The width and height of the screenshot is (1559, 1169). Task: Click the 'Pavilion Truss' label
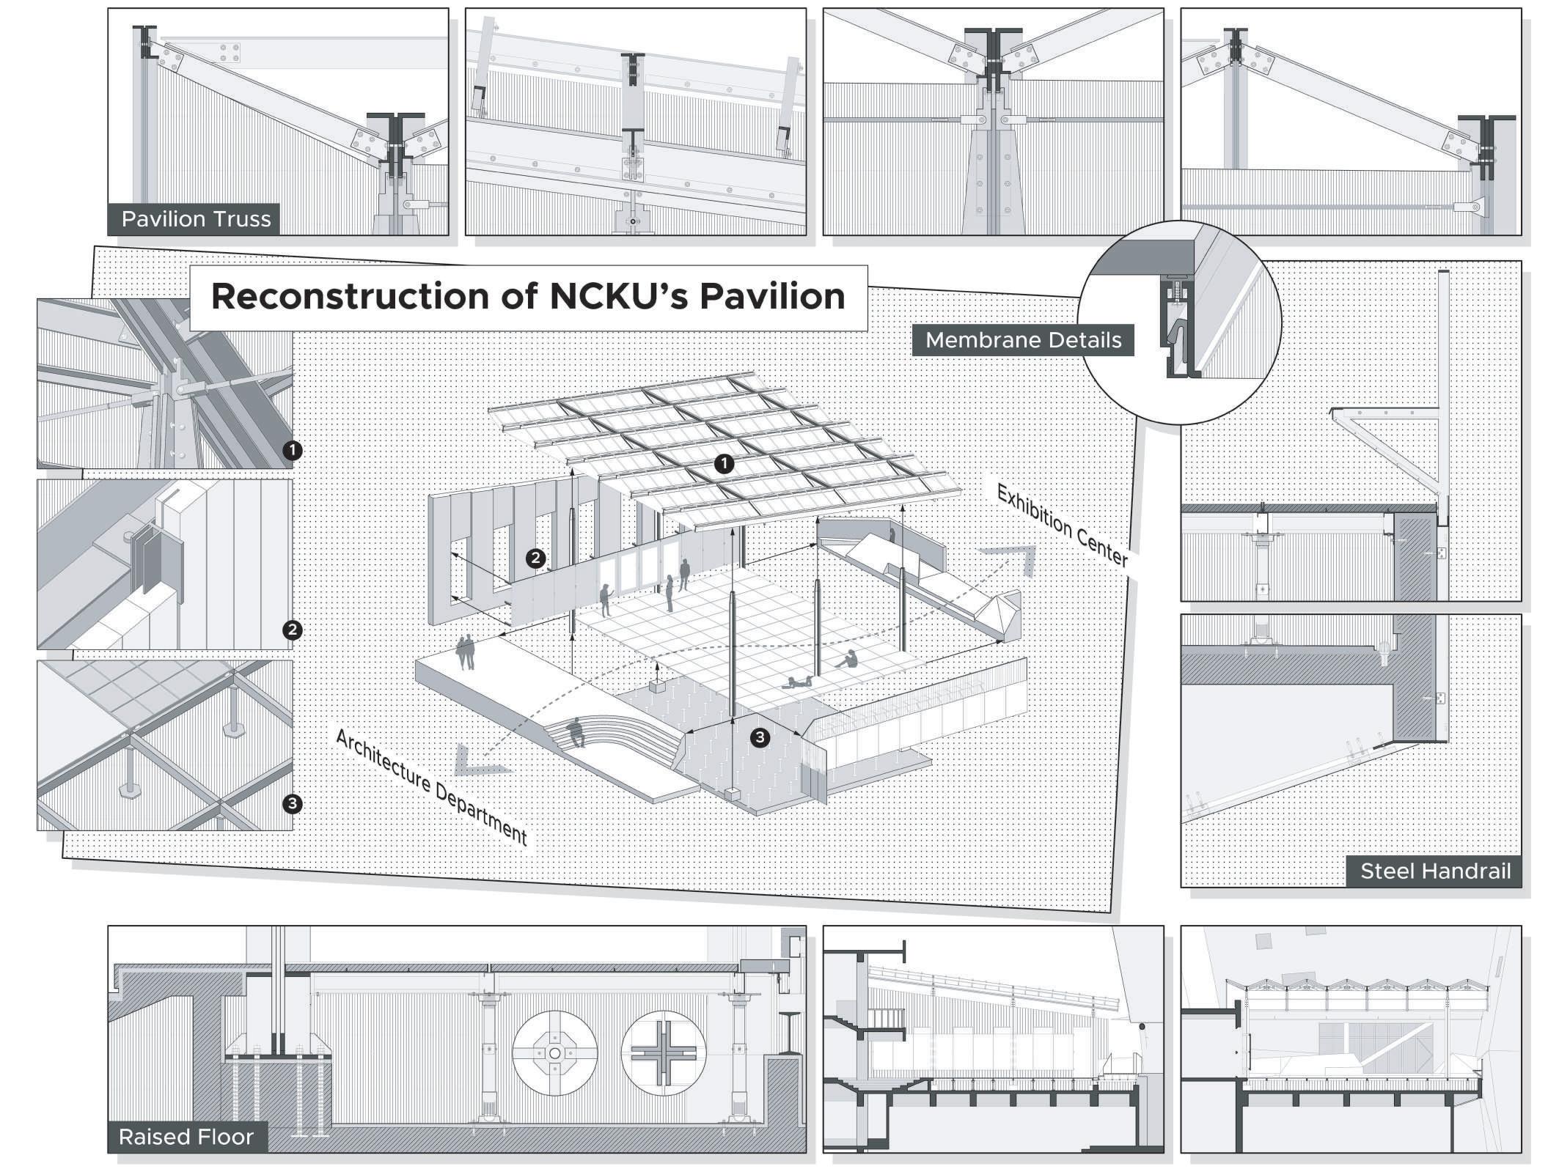pos(196,219)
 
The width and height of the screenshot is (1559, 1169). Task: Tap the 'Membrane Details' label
pos(1023,340)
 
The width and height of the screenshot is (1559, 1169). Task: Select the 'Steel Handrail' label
pos(1435,871)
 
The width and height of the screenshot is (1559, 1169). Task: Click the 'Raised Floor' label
pos(186,1137)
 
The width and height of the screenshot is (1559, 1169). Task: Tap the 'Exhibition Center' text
pos(1061,526)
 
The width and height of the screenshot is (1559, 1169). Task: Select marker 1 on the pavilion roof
pos(725,463)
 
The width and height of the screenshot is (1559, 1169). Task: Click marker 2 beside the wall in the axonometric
pos(536,558)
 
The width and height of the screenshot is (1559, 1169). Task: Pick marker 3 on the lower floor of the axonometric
pos(760,737)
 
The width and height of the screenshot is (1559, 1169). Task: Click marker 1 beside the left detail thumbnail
pos(293,450)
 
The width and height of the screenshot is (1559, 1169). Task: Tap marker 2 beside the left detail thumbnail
pos(293,630)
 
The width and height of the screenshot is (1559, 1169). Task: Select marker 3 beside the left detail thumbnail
pos(293,804)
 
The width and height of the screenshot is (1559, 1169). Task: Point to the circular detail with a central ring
pos(554,1054)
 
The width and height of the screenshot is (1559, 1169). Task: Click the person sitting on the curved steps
pos(576,731)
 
